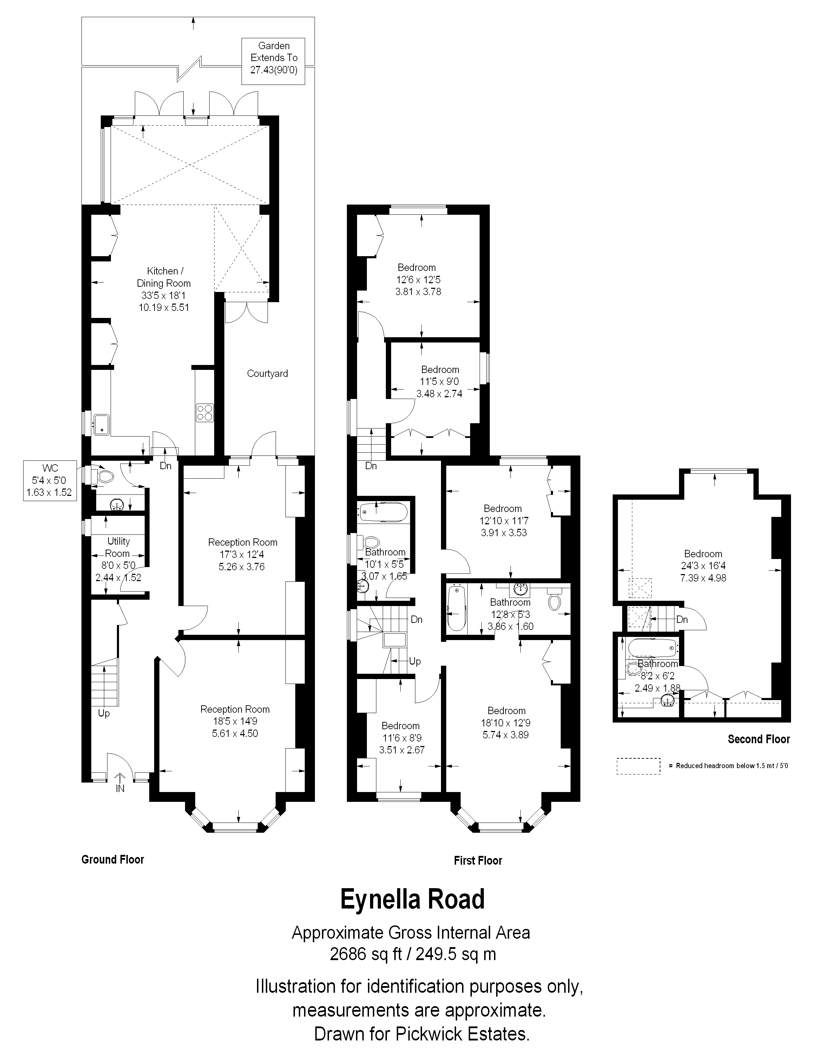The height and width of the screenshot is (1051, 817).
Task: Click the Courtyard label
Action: click(267, 373)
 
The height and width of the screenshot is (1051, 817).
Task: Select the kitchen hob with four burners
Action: click(205, 412)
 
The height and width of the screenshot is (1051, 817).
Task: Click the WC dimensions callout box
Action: click(50, 480)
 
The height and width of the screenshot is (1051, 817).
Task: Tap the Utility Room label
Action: click(118, 547)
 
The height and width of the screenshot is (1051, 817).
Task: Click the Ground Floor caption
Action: click(113, 859)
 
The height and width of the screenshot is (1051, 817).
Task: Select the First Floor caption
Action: click(478, 860)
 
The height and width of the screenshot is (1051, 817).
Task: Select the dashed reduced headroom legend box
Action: click(638, 766)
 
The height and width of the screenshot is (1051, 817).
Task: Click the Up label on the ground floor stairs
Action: click(104, 713)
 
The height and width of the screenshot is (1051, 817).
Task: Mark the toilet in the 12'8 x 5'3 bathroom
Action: click(555, 600)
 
